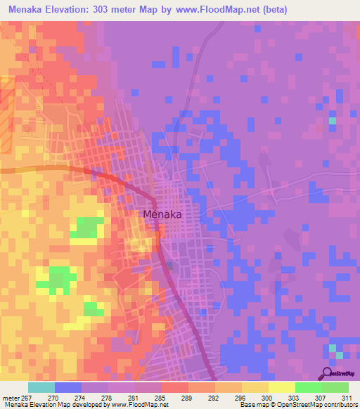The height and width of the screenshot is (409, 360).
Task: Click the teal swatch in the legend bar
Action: (41, 387)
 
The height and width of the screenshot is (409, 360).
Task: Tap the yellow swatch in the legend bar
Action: (282, 387)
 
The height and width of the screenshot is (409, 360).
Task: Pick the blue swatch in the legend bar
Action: (68, 387)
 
